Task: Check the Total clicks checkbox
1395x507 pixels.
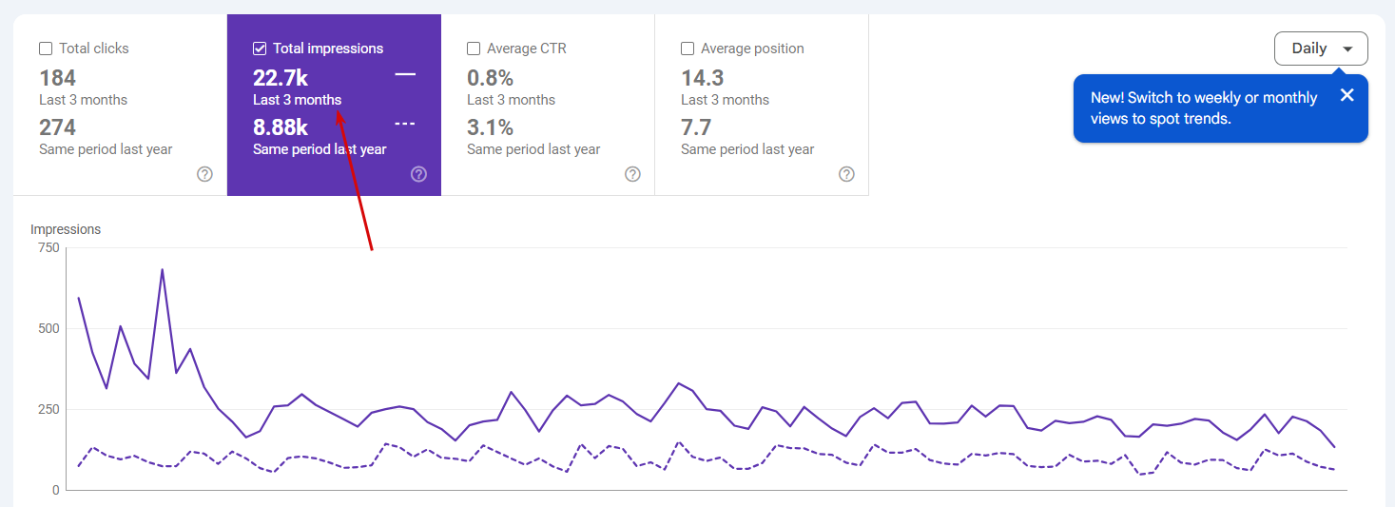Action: click(46, 49)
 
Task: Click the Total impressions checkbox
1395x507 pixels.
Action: click(260, 49)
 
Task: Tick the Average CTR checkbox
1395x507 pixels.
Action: click(474, 49)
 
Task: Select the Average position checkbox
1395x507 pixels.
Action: click(688, 49)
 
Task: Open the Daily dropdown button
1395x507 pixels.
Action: click(1320, 49)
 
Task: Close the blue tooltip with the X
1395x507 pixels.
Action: click(1347, 95)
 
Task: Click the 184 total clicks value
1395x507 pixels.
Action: click(58, 78)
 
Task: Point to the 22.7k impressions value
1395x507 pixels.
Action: click(281, 78)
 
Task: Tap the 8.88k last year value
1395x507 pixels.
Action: click(281, 127)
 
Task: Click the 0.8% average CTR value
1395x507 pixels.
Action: click(490, 78)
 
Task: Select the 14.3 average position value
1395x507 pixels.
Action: click(703, 78)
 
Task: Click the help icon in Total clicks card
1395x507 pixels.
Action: click(204, 174)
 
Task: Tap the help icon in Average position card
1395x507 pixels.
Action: click(846, 174)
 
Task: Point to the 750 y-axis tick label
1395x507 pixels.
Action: click(48, 248)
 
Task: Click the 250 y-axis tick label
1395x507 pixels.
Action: click(48, 410)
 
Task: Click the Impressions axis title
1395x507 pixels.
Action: click(66, 229)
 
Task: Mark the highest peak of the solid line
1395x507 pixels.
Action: click(163, 269)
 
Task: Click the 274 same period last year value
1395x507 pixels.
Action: click(58, 127)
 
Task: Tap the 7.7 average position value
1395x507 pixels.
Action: click(697, 127)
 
